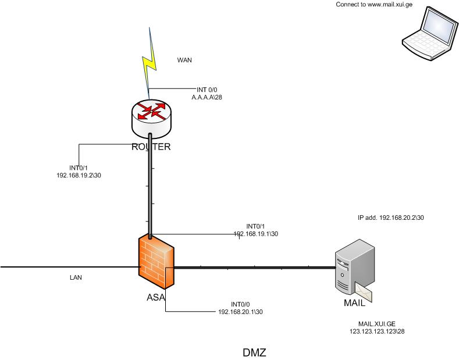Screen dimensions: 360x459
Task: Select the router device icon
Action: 152,115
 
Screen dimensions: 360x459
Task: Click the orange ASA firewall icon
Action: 156,263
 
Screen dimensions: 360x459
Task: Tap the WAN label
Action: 184,60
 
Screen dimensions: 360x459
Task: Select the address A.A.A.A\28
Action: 207,98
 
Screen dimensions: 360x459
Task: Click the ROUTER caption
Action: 151,147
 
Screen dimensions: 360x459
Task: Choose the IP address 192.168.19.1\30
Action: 256,233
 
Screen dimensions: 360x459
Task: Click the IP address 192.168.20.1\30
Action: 240,312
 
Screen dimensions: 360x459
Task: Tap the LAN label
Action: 76,277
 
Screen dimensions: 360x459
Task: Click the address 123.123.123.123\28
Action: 377,331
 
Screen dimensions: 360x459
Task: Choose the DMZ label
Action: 254,352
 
